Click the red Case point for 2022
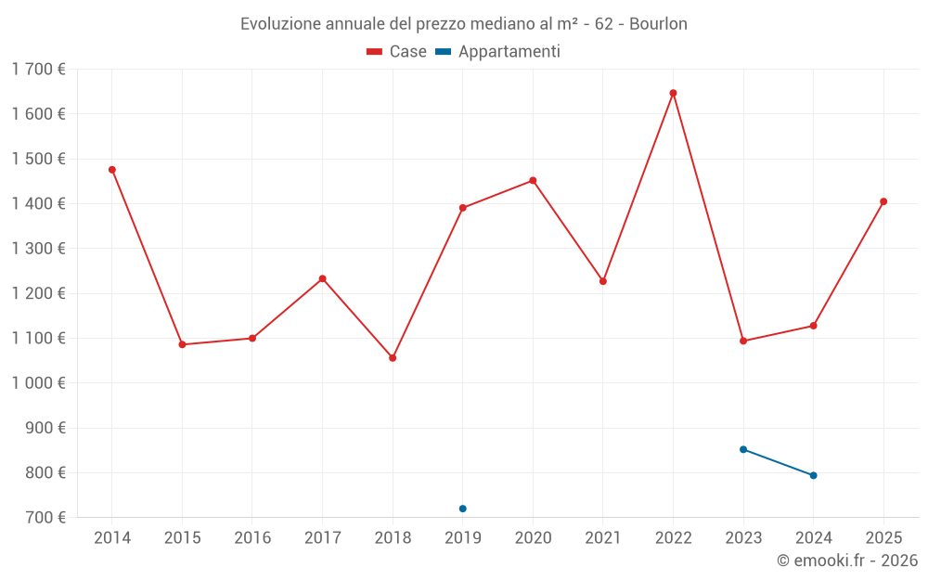click(673, 93)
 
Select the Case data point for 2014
click(112, 170)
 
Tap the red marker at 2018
click(393, 358)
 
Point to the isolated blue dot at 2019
click(463, 509)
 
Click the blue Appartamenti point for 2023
click(743, 449)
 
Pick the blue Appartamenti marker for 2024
click(814, 475)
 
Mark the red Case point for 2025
click(883, 201)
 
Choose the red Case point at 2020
click(533, 180)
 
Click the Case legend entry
click(397, 52)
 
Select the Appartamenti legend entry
click(498, 52)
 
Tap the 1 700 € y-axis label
click(38, 70)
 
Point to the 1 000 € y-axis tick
click(38, 383)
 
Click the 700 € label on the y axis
click(45, 518)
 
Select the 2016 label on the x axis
click(252, 538)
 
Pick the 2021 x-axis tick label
click(603, 538)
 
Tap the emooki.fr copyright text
click(847, 561)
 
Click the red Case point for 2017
click(323, 278)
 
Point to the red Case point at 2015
click(182, 344)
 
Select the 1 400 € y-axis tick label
click(38, 204)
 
